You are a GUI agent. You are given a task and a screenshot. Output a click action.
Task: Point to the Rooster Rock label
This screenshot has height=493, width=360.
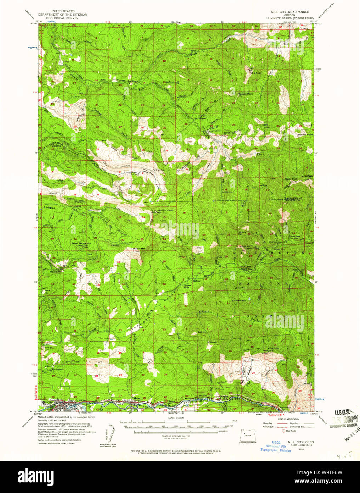(246, 94)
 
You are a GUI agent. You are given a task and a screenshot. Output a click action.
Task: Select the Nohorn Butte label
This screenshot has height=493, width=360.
(305, 135)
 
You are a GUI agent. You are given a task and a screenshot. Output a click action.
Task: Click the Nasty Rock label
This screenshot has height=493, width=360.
(291, 179)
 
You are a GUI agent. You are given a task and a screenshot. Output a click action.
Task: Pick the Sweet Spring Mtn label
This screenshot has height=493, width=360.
(81, 243)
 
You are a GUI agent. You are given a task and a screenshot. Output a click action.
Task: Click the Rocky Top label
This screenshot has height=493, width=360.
(273, 348)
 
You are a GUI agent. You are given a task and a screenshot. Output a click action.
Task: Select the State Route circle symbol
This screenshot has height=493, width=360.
(283, 431)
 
